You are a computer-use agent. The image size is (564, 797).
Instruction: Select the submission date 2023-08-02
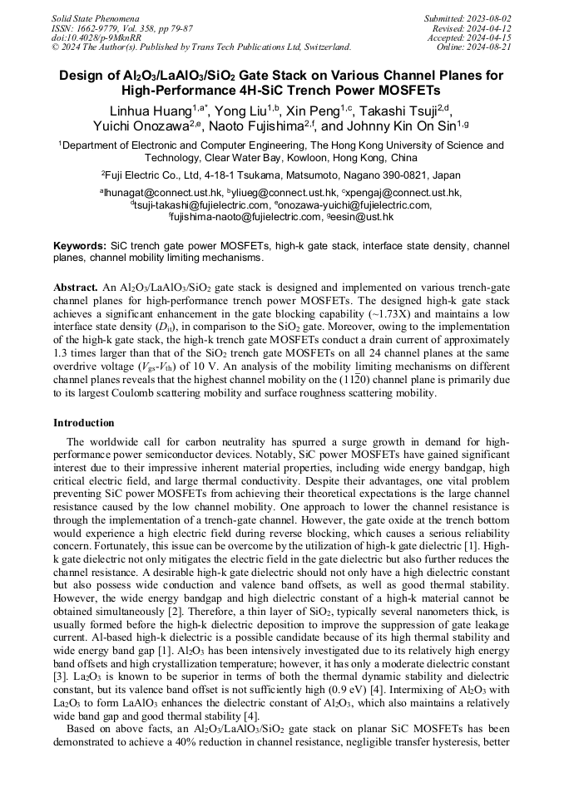tap(487, 17)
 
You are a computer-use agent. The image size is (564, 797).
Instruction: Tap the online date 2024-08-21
tap(487, 47)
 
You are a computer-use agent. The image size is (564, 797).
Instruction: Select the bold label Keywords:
tap(80, 246)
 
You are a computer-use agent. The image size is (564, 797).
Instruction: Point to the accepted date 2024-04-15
tap(487, 37)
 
